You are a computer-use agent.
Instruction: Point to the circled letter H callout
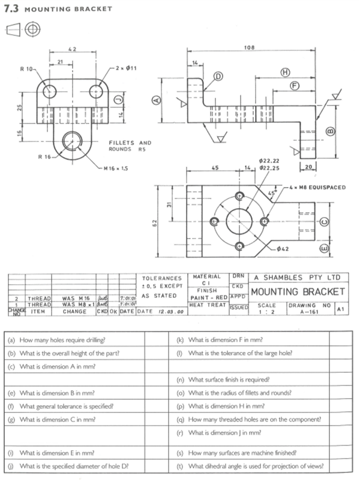[285, 72]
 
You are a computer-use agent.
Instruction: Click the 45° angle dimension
[272, 194]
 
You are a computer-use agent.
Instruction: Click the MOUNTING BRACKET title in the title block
[298, 291]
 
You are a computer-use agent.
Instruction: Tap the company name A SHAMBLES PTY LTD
[298, 278]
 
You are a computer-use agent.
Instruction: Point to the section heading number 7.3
[13, 9]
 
